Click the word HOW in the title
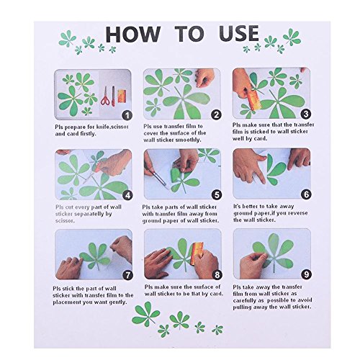(x=133, y=34)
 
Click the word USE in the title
(x=239, y=33)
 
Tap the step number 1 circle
(x=127, y=115)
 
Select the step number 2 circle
(x=216, y=115)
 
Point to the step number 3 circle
(x=306, y=114)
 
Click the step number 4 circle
(x=127, y=195)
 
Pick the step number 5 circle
(x=217, y=194)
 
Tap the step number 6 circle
(x=306, y=194)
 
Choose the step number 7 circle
(x=127, y=275)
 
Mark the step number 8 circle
(x=217, y=274)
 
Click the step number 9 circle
(x=306, y=274)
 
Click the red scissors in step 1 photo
(x=105, y=96)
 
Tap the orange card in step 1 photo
(x=122, y=96)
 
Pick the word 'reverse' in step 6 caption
(x=298, y=213)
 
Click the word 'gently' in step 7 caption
(x=117, y=302)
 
